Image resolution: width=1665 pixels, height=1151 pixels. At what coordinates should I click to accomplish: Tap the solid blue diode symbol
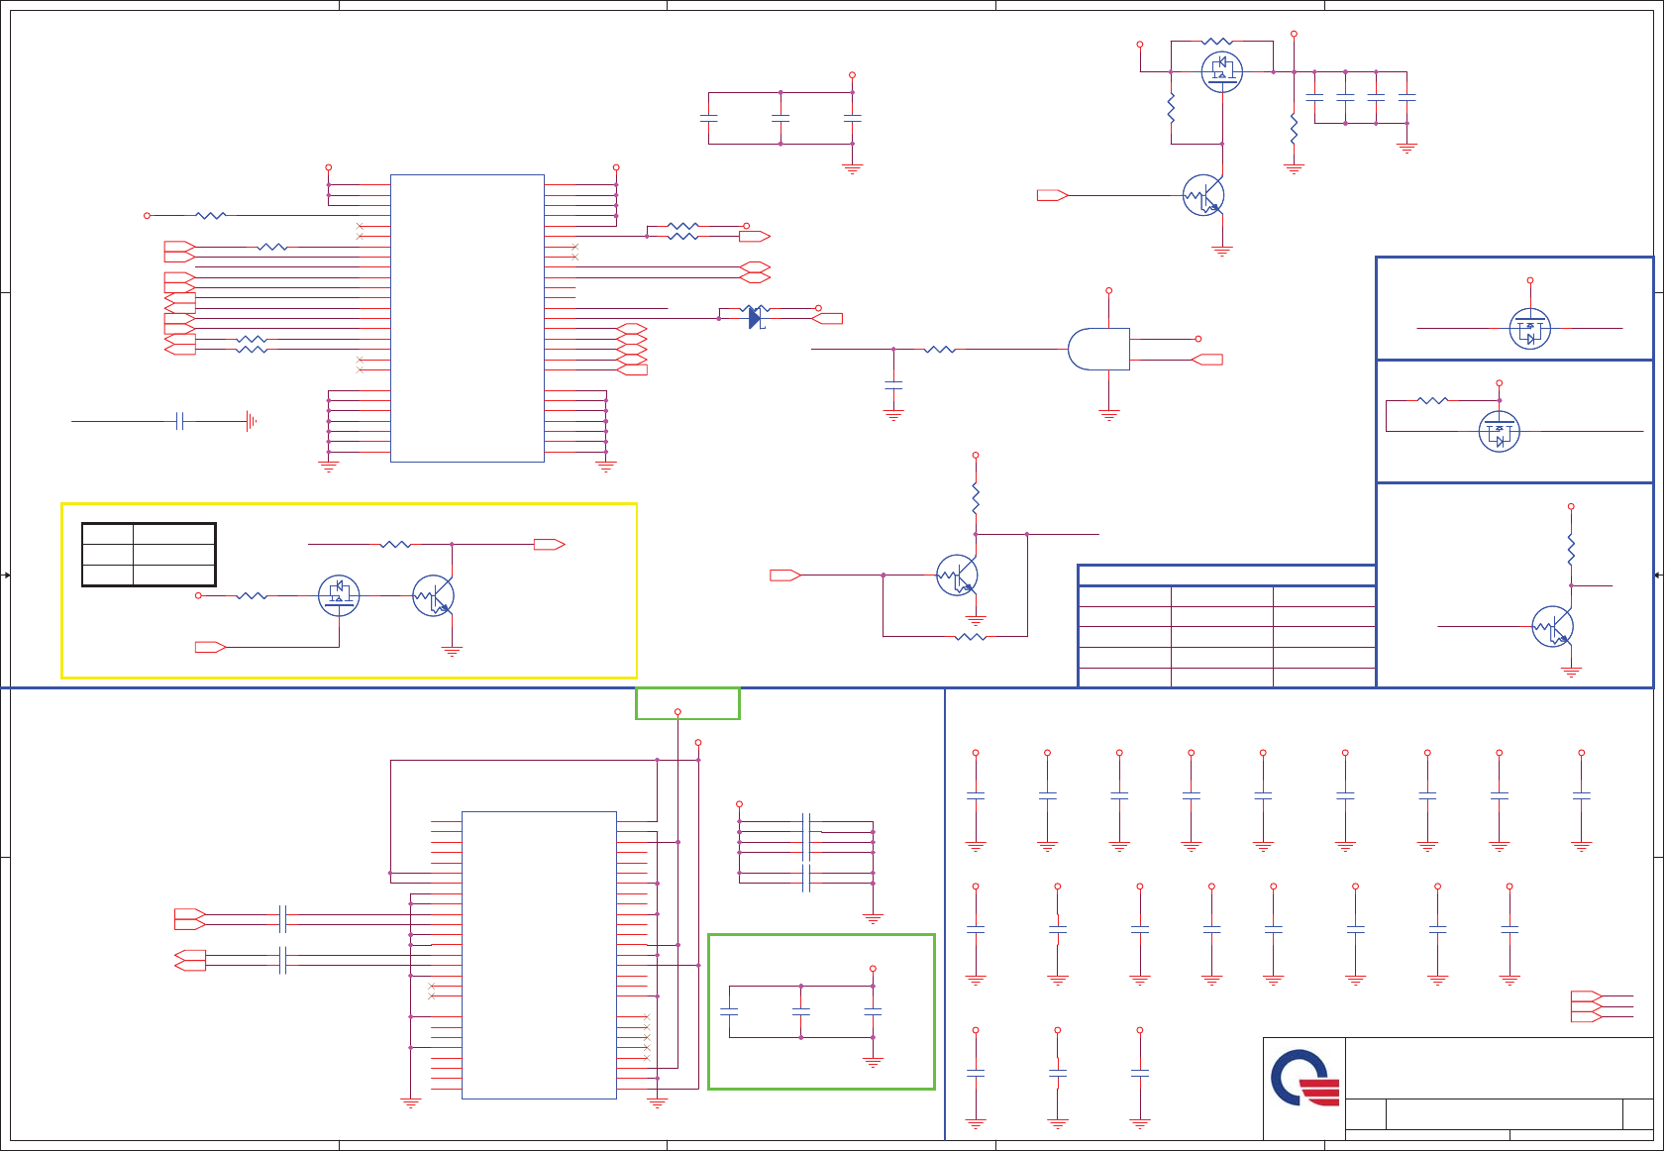click(755, 318)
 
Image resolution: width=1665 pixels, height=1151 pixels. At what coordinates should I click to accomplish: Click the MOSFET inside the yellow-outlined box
click(339, 595)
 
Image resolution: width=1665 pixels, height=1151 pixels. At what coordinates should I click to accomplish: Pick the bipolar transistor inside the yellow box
click(434, 595)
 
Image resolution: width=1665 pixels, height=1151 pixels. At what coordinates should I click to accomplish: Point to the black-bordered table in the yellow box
click(149, 555)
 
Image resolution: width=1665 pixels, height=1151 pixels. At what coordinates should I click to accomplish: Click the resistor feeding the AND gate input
click(939, 350)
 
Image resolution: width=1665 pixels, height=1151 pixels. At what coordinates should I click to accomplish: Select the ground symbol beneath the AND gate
click(1108, 415)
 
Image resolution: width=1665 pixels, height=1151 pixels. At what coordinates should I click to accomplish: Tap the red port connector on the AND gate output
click(1207, 360)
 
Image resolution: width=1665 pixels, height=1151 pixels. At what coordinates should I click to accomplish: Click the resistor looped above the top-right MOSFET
click(1216, 42)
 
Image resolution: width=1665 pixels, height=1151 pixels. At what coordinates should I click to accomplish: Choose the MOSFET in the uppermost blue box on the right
click(1529, 329)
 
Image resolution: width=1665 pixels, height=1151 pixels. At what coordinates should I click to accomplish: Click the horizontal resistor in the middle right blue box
click(1433, 400)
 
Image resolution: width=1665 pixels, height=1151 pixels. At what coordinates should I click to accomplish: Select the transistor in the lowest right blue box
click(1552, 626)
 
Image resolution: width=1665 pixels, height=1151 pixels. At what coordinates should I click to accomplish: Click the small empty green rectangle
click(687, 703)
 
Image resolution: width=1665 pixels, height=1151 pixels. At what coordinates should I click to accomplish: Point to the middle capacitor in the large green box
click(801, 1011)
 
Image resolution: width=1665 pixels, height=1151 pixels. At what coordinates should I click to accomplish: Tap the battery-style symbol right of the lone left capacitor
click(251, 421)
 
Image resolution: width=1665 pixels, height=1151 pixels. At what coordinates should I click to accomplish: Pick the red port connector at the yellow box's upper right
click(549, 544)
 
